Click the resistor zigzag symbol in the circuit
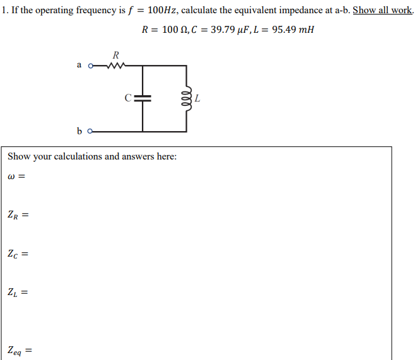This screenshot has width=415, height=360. click(x=115, y=64)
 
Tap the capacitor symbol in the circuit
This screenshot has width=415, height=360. click(x=143, y=98)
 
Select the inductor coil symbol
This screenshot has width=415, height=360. click(x=186, y=98)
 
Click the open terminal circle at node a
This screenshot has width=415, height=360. click(x=91, y=64)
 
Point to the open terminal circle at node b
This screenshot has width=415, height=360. click(x=91, y=131)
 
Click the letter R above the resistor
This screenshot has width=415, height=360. click(x=115, y=54)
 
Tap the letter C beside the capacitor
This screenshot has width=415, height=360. click(x=128, y=98)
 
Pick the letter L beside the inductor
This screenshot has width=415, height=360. click(x=197, y=98)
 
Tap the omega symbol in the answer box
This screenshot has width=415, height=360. click(x=11, y=177)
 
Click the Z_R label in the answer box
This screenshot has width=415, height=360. click(x=14, y=216)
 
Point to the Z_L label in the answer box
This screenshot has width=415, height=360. click(x=14, y=292)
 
